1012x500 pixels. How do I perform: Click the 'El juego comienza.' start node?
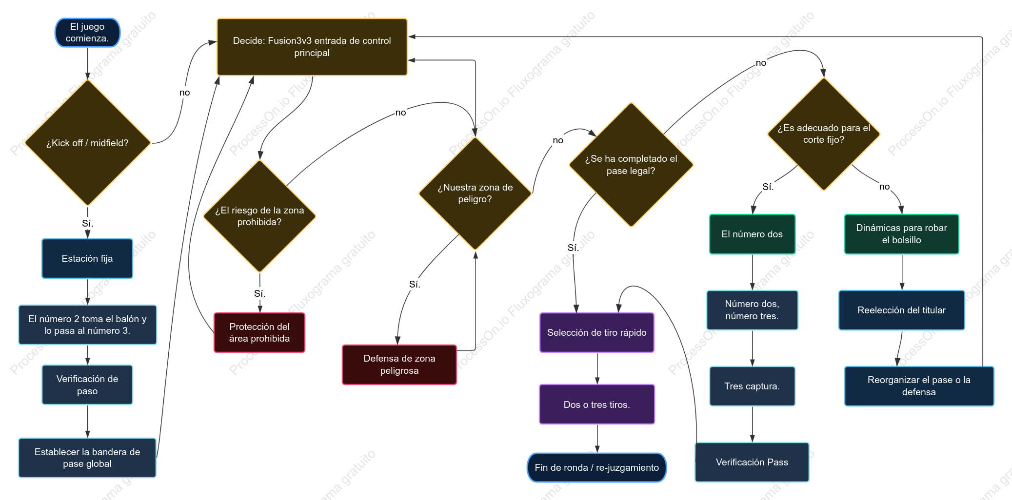point(87,33)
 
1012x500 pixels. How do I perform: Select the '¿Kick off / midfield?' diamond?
point(87,143)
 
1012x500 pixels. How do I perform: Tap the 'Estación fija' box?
point(87,258)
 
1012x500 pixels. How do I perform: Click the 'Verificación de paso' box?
point(87,385)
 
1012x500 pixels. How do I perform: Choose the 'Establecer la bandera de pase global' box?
point(87,458)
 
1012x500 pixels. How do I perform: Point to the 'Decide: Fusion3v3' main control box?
point(312,47)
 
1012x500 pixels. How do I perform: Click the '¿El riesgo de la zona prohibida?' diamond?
point(259,216)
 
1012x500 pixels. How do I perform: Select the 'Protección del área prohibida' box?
point(259,332)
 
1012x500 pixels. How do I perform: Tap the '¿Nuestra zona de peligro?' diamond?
point(475,193)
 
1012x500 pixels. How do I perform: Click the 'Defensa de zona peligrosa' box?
point(399,365)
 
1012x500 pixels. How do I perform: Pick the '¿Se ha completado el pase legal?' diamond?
point(631,165)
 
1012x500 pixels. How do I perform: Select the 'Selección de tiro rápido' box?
point(597,332)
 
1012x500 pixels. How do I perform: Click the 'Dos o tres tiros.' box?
point(597,404)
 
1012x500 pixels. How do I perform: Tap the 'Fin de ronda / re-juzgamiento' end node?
point(597,467)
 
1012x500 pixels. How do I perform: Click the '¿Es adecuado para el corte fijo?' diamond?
point(824,134)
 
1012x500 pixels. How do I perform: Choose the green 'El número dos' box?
point(753,234)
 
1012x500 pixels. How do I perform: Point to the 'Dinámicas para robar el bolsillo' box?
point(902,234)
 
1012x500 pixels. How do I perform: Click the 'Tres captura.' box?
point(753,386)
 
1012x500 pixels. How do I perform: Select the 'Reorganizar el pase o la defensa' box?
point(919,386)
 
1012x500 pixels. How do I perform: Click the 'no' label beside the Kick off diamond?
point(184,93)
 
